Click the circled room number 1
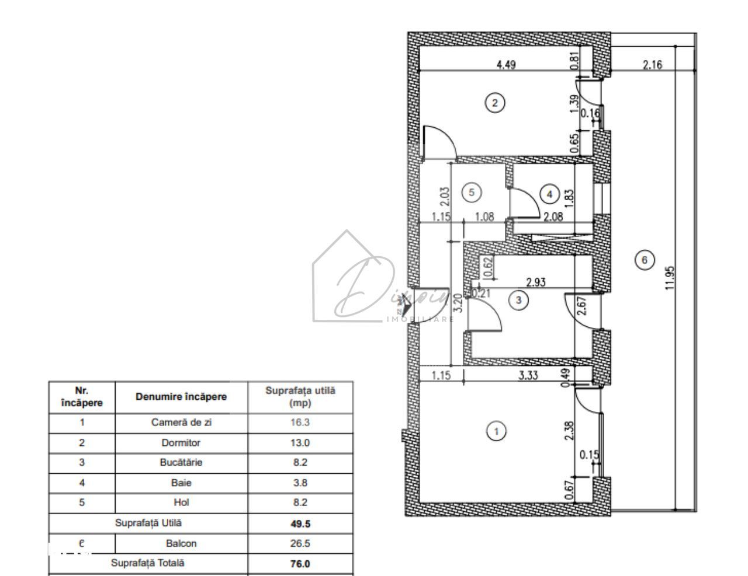[x=496, y=431]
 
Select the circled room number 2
[x=495, y=103]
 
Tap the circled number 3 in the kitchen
[x=518, y=300]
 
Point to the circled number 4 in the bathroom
[x=549, y=193]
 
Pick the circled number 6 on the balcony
[x=645, y=260]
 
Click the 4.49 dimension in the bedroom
[x=505, y=65]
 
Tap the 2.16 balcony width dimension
[x=652, y=65]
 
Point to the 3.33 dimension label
[x=528, y=376]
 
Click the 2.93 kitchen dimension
[x=536, y=282]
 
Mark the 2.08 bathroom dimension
[x=553, y=217]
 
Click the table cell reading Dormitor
[x=181, y=442]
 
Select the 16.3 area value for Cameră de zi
[x=300, y=423]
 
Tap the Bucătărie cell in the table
[x=181, y=462]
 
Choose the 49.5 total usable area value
[x=300, y=523]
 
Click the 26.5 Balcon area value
[x=300, y=543]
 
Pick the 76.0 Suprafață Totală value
[x=300, y=563]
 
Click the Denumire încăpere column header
[x=181, y=397]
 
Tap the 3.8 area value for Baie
[x=300, y=483]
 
